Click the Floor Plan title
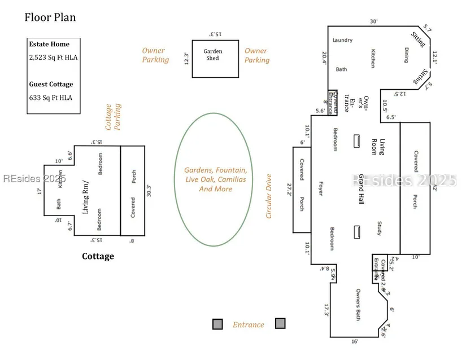pos(50,17)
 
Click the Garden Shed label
pos(213,55)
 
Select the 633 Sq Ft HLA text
pos(51,97)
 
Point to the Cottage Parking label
pos(114,117)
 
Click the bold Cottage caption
pos(98,256)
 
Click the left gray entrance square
pos(217,324)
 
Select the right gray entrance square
pos(280,323)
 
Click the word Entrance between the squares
pos(249,324)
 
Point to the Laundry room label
pos(343,40)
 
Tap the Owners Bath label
pos(358,305)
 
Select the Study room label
pos(380,229)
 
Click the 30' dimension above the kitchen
pos(373,21)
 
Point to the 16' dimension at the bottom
pos(355,341)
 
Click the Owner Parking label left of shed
pos(155,55)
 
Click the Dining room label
pos(406,54)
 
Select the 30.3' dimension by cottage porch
pos(149,190)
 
